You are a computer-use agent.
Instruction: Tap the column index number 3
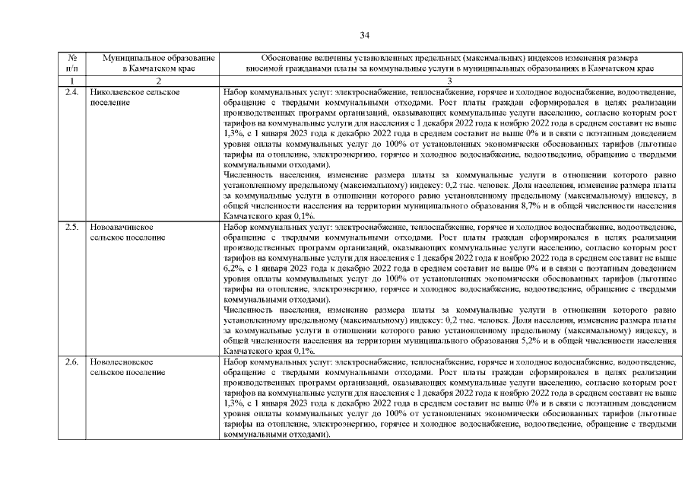[x=449, y=81]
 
